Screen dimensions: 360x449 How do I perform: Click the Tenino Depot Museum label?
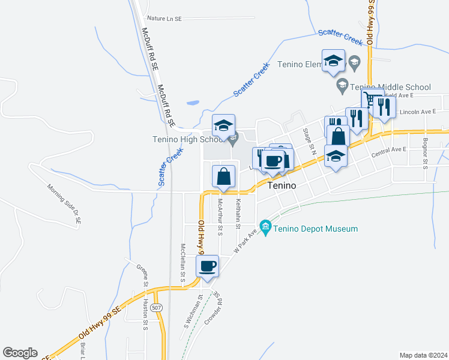coord(316,229)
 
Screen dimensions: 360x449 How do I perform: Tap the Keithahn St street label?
coord(238,213)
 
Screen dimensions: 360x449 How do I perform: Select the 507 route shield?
coord(156,308)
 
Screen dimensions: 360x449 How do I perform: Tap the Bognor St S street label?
coord(424,155)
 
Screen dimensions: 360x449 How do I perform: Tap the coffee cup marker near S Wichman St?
coord(208,266)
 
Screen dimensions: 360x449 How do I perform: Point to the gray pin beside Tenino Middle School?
coord(342,85)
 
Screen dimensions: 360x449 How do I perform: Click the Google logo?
coord(20,353)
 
